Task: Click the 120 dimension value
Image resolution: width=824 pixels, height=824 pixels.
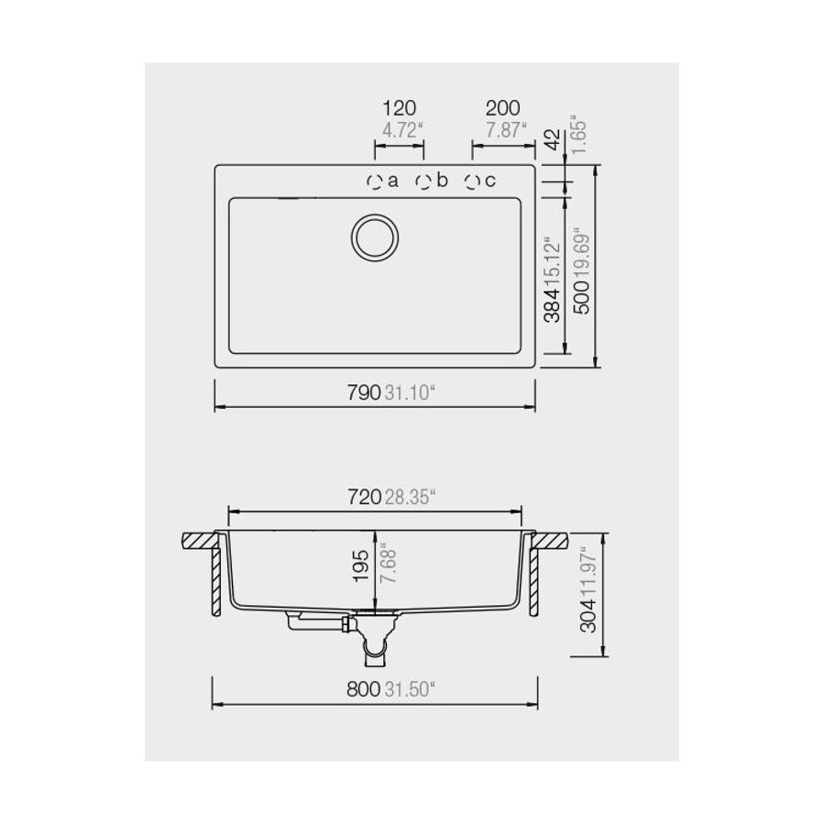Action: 400,109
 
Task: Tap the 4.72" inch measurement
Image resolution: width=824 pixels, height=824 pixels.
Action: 401,130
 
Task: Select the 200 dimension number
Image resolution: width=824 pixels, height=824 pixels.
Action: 503,109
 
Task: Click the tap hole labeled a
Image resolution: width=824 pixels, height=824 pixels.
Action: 374,181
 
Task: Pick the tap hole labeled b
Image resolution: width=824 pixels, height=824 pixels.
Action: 423,181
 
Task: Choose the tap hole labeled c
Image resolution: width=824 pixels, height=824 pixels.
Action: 472,181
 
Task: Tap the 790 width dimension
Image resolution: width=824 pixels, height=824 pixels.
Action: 363,394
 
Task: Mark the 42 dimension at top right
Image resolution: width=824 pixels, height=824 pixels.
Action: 552,140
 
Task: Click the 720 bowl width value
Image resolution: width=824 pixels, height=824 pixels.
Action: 363,498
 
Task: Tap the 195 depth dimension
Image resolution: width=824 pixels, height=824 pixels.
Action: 361,567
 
